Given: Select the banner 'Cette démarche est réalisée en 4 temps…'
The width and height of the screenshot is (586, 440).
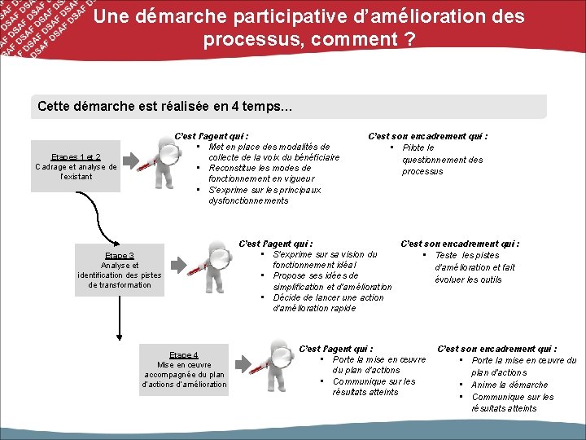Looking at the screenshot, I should coord(291,107).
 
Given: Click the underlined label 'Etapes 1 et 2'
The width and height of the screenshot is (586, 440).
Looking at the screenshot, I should coord(75,156).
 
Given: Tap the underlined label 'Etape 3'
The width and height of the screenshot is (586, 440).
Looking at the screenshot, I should coord(119,255).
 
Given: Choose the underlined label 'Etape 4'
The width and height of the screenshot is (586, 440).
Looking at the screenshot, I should coord(183,354).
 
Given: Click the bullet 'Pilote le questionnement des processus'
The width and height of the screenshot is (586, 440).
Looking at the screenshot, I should coord(441,160).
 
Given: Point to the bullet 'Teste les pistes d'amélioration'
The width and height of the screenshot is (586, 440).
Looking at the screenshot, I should coord(474,266).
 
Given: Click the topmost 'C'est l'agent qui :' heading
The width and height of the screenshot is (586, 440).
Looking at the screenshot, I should coord(212,136).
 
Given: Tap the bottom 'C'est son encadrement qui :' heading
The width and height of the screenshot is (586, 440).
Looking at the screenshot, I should coord(497,349).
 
